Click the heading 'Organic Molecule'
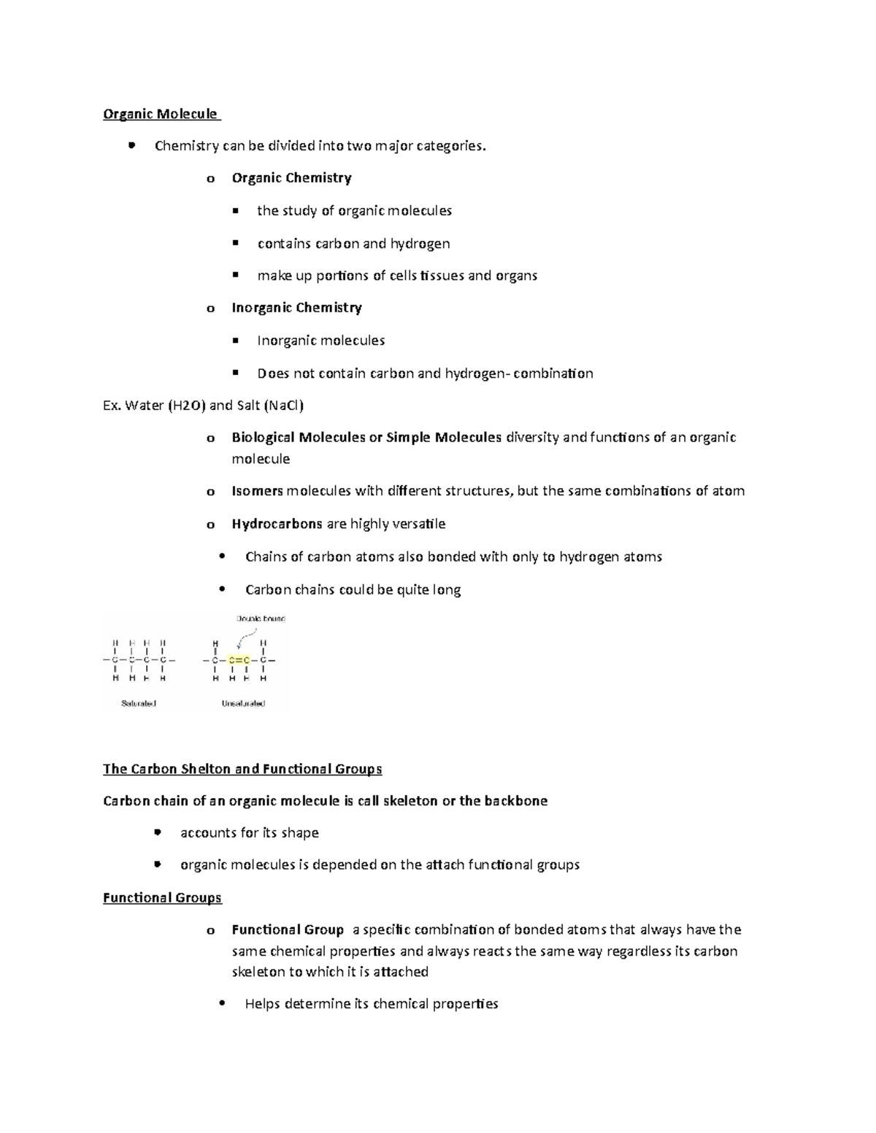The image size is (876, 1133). (160, 114)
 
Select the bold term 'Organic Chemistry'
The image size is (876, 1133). (291, 178)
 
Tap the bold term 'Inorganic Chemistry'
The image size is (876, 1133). (296, 308)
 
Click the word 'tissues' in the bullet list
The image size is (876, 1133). (441, 276)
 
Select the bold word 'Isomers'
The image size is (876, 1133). (257, 491)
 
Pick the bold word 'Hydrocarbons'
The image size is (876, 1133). (277, 524)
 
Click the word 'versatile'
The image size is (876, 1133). (418, 524)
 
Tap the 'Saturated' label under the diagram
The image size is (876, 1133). (139, 704)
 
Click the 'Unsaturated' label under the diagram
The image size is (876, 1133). (243, 704)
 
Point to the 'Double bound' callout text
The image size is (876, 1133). (261, 619)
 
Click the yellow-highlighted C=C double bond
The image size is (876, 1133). (239, 661)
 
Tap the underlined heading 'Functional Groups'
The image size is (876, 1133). (162, 898)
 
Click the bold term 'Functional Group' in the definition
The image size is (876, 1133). (288, 930)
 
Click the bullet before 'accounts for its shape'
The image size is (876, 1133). (158, 832)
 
